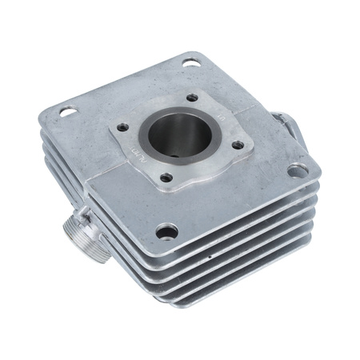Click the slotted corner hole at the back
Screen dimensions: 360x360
(192, 61)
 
